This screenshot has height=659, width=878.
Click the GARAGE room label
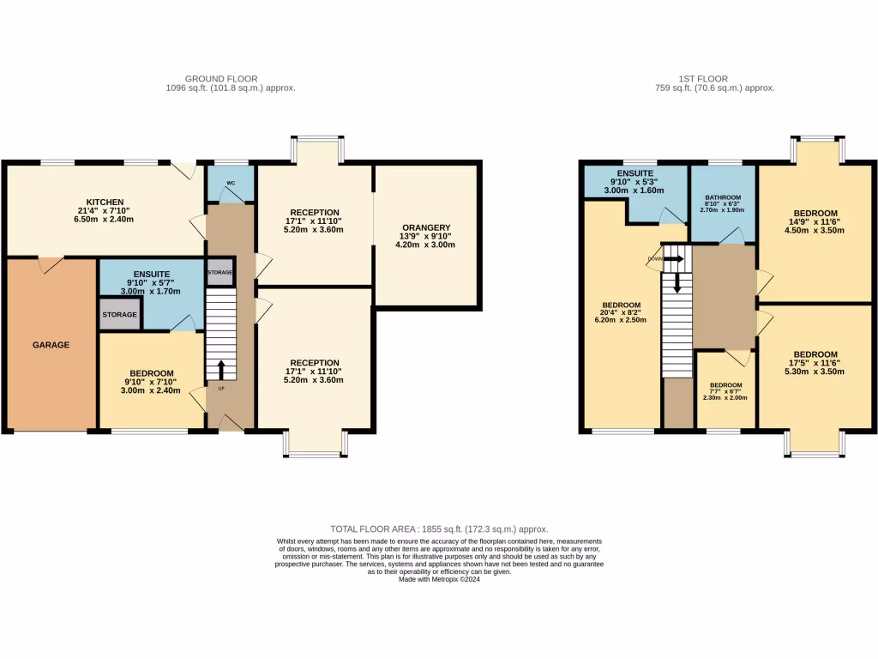(51, 345)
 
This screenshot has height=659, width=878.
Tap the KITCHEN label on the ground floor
(104, 202)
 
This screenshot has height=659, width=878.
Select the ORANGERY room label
(424, 227)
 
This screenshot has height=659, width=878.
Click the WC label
(231, 183)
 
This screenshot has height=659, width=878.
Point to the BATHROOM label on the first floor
(723, 196)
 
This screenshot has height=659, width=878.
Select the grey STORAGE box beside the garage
(119, 315)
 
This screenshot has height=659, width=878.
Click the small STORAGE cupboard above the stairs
(219, 272)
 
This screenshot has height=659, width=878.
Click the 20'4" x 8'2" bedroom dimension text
(621, 312)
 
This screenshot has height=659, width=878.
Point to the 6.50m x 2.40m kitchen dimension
(104, 219)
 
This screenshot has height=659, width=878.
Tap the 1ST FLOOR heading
(714, 79)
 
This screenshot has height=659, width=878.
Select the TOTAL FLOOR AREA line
(439, 529)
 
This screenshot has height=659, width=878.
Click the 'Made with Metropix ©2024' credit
(439, 578)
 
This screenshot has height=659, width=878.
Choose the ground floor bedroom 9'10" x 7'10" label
(151, 383)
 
